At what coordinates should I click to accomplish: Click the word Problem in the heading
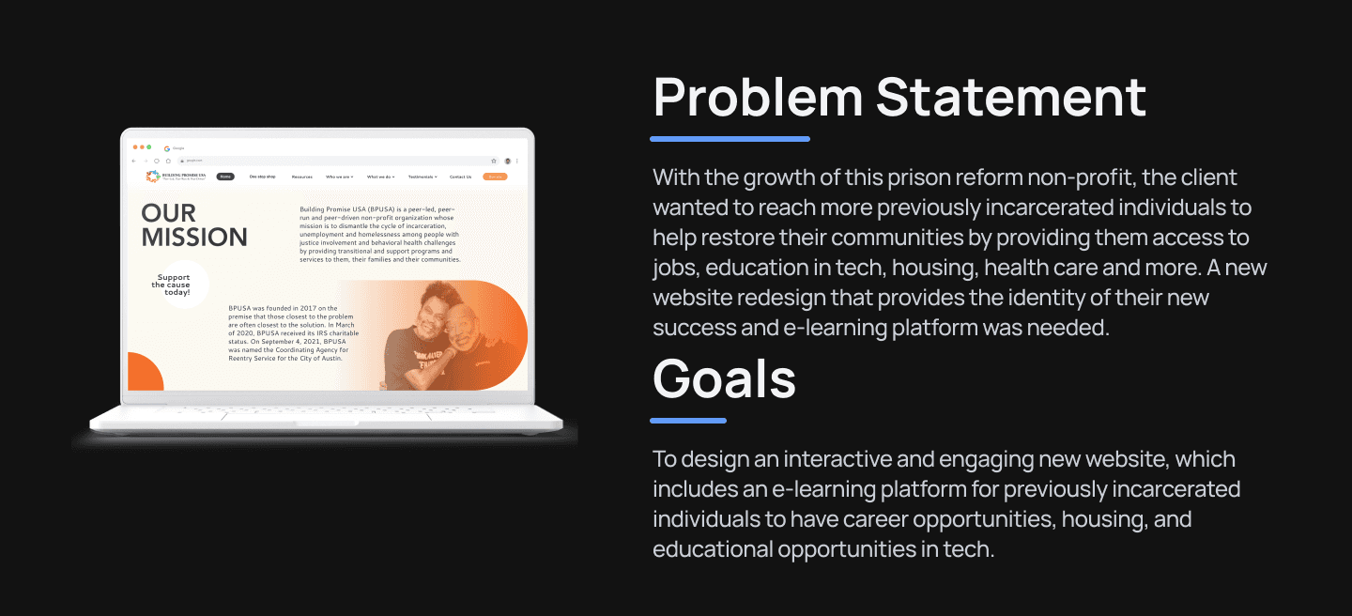758,98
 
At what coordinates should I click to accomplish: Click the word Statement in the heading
1011,98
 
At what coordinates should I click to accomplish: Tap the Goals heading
724,378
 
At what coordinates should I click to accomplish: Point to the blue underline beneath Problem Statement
730,139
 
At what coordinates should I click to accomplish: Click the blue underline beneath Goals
688,421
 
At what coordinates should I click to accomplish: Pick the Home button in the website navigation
225,177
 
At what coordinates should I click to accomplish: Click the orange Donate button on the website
495,177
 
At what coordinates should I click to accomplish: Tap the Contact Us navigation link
460,177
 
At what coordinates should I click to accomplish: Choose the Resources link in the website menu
301,177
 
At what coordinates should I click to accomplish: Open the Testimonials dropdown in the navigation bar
422,177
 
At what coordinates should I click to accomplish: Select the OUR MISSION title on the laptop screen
194,224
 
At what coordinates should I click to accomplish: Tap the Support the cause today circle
175,285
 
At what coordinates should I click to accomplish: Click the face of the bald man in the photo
460,328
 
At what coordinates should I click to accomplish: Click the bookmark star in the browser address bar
494,161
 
